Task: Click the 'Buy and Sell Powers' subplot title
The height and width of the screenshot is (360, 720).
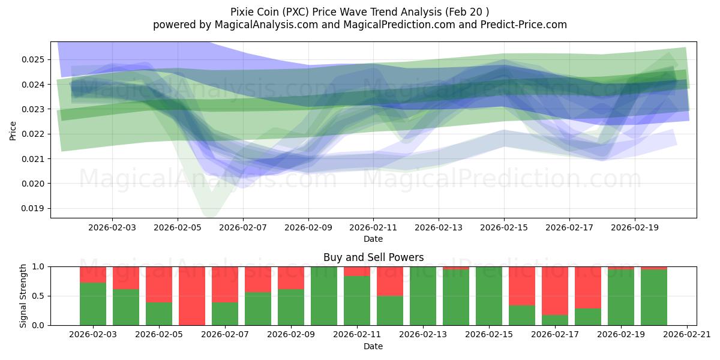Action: click(x=373, y=257)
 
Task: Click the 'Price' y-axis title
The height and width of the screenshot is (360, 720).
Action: click(x=13, y=130)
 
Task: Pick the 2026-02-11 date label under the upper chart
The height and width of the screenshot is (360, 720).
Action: click(x=373, y=227)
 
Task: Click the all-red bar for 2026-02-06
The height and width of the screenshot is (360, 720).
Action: click(x=192, y=296)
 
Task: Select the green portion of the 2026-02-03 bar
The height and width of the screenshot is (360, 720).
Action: click(x=93, y=304)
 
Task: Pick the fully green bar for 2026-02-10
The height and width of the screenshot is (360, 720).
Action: click(x=324, y=296)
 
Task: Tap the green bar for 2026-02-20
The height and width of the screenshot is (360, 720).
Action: click(x=654, y=298)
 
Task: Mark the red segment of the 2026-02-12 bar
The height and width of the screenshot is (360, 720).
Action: click(x=390, y=281)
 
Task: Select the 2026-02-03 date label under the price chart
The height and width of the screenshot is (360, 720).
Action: click(x=112, y=227)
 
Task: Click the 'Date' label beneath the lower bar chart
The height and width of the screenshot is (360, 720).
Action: click(x=373, y=346)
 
